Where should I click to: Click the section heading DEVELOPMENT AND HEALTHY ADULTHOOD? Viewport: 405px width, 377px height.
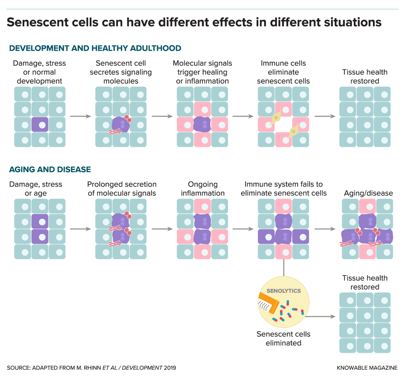click(x=95, y=48)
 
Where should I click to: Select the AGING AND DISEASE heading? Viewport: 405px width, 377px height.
click(x=50, y=169)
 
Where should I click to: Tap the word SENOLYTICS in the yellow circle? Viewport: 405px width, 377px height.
click(x=283, y=291)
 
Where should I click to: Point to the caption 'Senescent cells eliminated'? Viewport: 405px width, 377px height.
click(x=283, y=338)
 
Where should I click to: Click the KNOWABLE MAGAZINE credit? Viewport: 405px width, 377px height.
click(x=366, y=368)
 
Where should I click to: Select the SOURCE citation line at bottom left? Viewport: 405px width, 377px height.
click(x=91, y=368)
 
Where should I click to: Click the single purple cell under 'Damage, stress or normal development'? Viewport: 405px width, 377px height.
click(x=40, y=125)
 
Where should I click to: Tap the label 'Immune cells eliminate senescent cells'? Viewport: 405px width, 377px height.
click(x=283, y=72)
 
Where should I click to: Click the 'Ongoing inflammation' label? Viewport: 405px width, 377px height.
click(x=202, y=188)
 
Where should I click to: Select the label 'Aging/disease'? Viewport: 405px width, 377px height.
click(x=368, y=193)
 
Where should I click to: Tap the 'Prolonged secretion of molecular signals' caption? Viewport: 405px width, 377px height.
click(x=122, y=188)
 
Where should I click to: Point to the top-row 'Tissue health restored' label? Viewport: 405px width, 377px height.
click(x=365, y=76)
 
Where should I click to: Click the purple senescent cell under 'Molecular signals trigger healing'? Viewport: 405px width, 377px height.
click(x=202, y=125)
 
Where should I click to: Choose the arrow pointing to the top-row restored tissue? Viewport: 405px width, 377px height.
click(x=325, y=116)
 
